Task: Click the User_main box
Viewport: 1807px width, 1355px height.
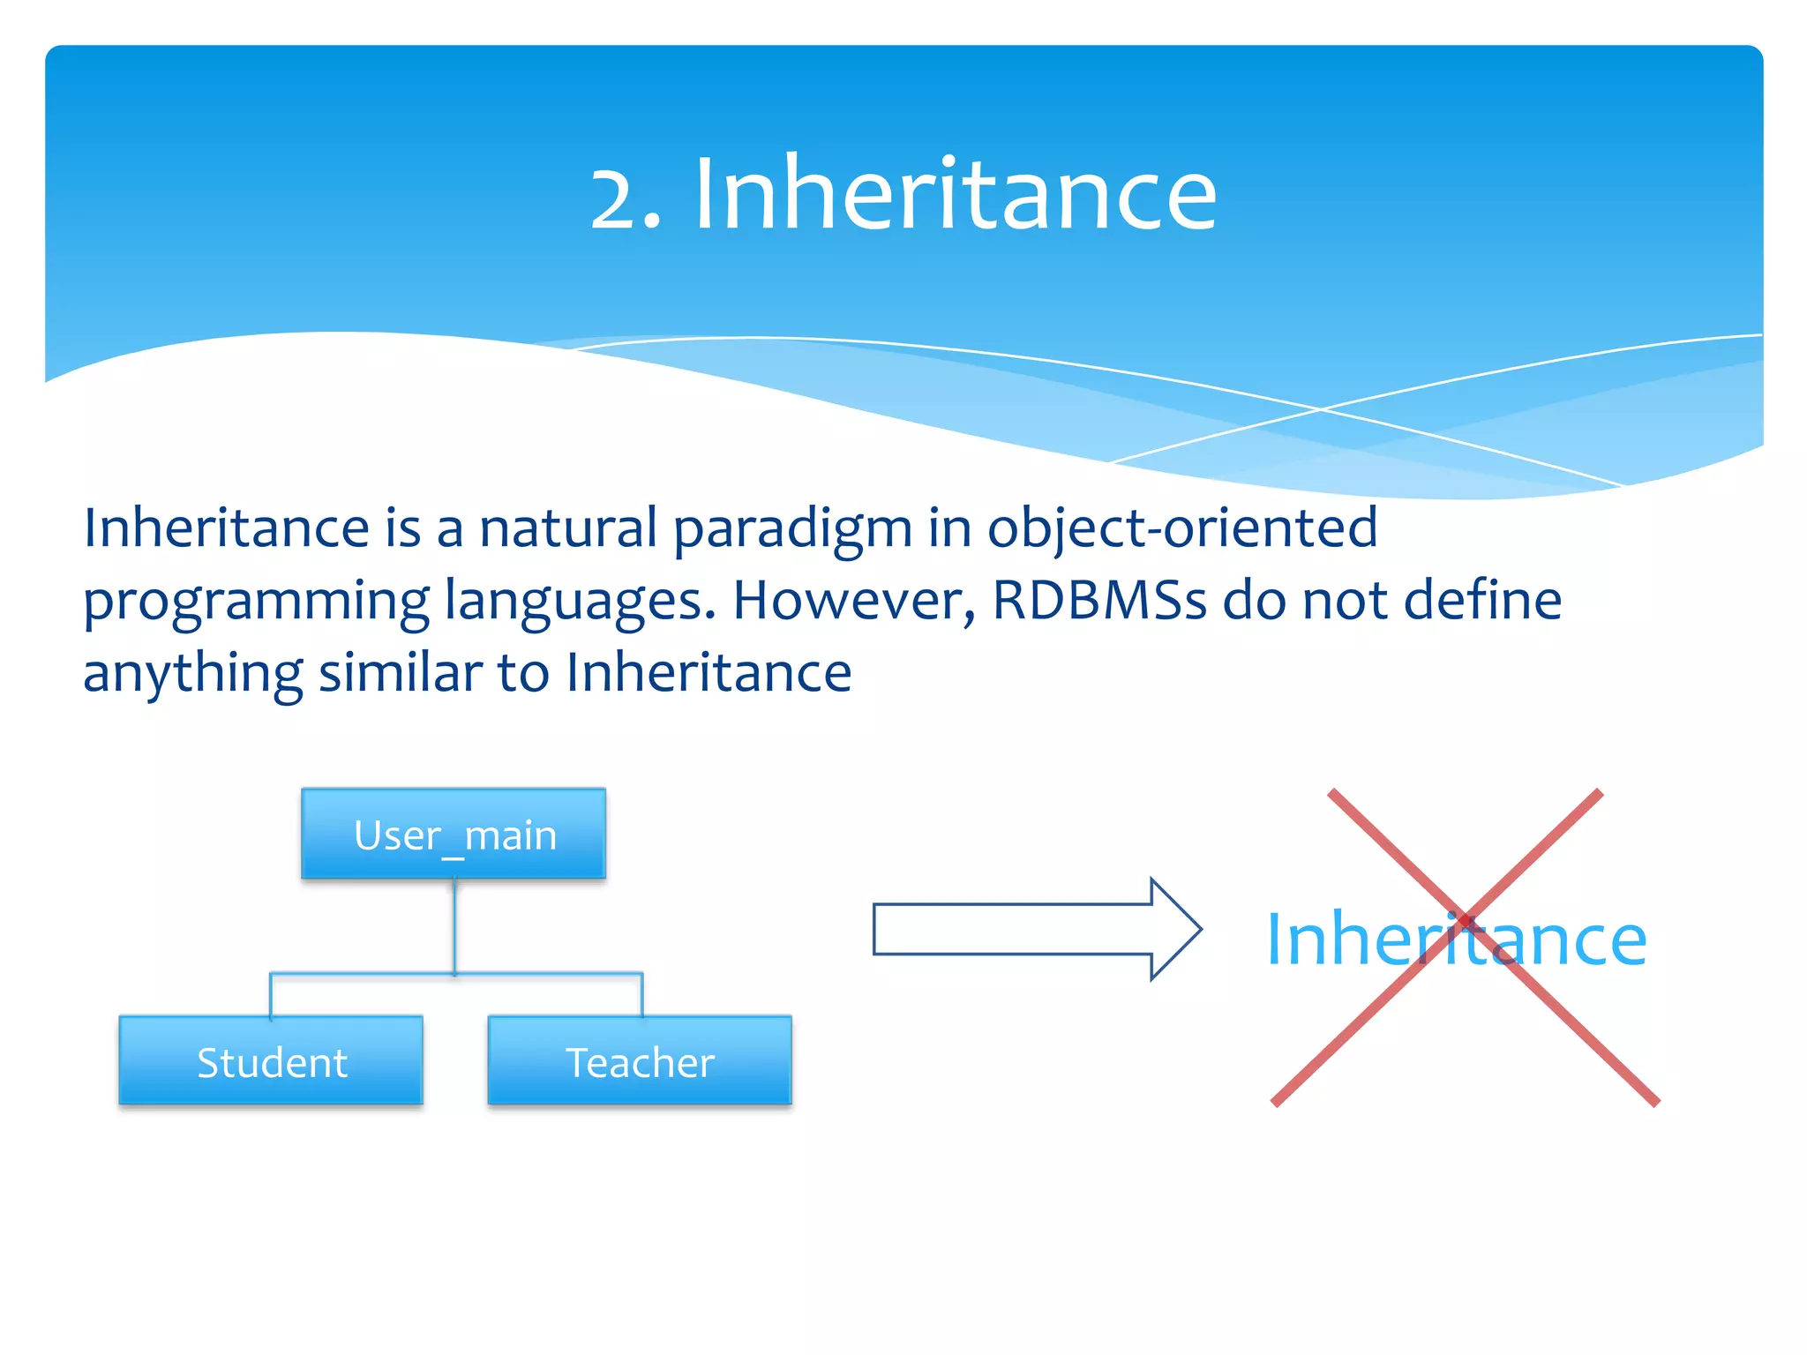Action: click(x=454, y=834)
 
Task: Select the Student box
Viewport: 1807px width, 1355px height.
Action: click(x=271, y=1061)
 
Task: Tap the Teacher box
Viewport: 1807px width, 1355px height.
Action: click(x=640, y=1061)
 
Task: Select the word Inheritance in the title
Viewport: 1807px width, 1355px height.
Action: click(x=955, y=194)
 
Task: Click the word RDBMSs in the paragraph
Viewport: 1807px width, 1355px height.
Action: click(x=1099, y=600)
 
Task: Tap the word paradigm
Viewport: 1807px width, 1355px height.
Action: click(x=792, y=529)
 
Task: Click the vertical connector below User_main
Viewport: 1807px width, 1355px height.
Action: click(x=454, y=926)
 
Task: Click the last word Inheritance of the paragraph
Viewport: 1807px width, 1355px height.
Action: click(x=709, y=672)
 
